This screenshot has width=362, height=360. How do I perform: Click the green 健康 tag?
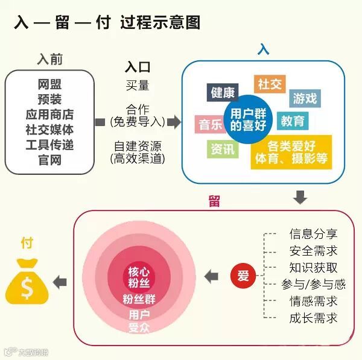pos(222,93)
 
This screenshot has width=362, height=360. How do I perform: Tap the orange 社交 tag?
pos(269,84)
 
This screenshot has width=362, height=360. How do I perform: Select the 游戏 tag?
pos(305,98)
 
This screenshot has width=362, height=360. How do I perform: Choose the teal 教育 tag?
pos(292,121)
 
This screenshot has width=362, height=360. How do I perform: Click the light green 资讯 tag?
pos(221,148)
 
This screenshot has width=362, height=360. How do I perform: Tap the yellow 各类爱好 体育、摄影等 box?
pos(291,152)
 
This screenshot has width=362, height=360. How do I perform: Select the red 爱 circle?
pos(243,276)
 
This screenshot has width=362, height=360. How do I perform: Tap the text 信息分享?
pos(313,234)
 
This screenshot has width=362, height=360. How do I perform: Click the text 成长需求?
pos(313,318)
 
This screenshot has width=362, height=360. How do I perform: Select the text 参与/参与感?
pos(313,284)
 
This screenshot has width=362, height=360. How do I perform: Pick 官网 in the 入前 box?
pos(49,160)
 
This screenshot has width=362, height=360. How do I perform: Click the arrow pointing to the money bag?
pos(59,281)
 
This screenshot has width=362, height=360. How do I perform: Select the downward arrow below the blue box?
pos(300,197)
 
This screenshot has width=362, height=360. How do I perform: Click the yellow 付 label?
pos(27,243)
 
